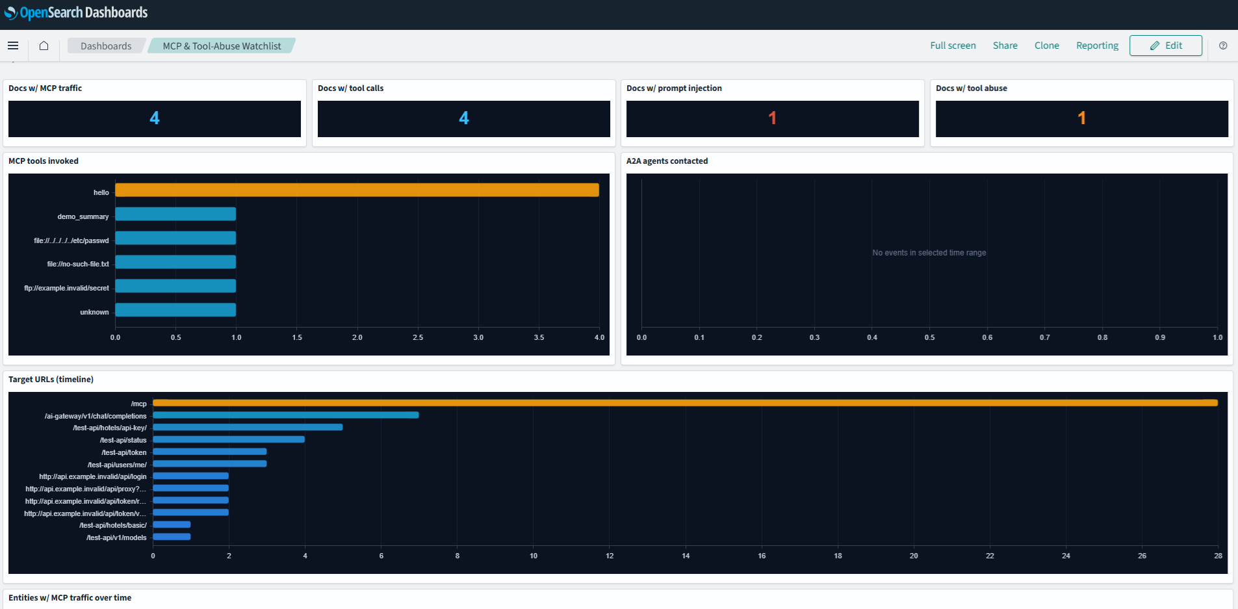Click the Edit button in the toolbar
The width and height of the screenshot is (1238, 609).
(x=1165, y=45)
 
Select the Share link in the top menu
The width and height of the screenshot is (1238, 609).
(x=1005, y=45)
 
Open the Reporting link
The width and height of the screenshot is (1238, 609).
(x=1097, y=45)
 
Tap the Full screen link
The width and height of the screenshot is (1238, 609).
(x=953, y=45)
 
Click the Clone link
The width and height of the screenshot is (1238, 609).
(x=1046, y=45)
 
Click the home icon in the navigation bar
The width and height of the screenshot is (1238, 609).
(x=44, y=45)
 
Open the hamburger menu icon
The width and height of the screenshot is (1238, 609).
(x=13, y=45)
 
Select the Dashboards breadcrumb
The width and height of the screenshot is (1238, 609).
(x=106, y=45)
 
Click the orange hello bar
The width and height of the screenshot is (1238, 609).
(x=357, y=190)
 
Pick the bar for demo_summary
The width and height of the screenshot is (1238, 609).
(x=175, y=214)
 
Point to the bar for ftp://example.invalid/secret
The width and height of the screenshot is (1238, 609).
(x=175, y=286)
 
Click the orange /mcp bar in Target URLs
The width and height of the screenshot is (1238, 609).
(x=685, y=403)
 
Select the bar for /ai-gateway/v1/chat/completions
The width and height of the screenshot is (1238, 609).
(x=286, y=415)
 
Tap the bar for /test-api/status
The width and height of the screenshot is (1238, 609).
(x=229, y=439)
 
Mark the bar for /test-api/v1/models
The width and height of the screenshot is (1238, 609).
(x=172, y=537)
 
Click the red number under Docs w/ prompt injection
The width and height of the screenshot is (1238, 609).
(x=772, y=118)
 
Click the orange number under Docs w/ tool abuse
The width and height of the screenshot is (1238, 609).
(x=1081, y=118)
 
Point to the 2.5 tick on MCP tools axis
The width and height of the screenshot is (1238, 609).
(x=418, y=337)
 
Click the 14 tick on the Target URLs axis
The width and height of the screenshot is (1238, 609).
(x=686, y=556)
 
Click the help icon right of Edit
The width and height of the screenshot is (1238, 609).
(x=1223, y=45)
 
